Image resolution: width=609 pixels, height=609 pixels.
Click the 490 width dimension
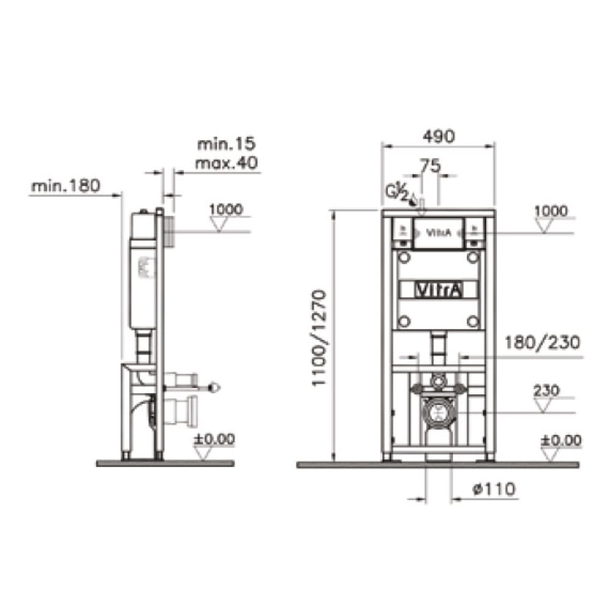click(x=437, y=137)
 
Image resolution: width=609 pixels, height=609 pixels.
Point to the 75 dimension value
click(x=430, y=166)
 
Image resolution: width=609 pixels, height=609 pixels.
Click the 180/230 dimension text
click(x=540, y=343)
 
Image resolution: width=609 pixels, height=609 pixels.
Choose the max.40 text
click(x=226, y=163)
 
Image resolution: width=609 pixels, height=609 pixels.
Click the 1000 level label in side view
click(x=225, y=209)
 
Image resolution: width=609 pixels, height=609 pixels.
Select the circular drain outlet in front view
click(x=437, y=412)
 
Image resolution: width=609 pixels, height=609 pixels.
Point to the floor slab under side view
click(x=164, y=463)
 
